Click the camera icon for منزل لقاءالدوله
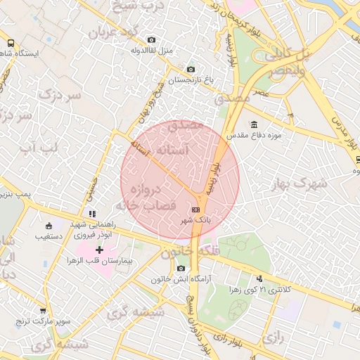pyautogui.click(x=150, y=40)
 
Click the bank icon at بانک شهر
pyautogui.click(x=195, y=210)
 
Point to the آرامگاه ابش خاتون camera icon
pyautogui.click(x=181, y=269)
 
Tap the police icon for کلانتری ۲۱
pyautogui.click(x=260, y=278)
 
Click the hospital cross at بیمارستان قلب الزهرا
pyautogui.click(x=99, y=250)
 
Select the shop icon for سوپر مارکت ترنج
pyautogui.click(x=43, y=310)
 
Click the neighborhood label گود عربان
pyautogui.click(x=113, y=32)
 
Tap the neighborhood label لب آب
pyautogui.click(x=39, y=147)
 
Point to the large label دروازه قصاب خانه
pyautogui.click(x=143, y=198)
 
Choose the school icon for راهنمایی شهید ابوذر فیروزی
pyautogui.click(x=92, y=213)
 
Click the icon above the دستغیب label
pyautogui.click(x=49, y=226)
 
